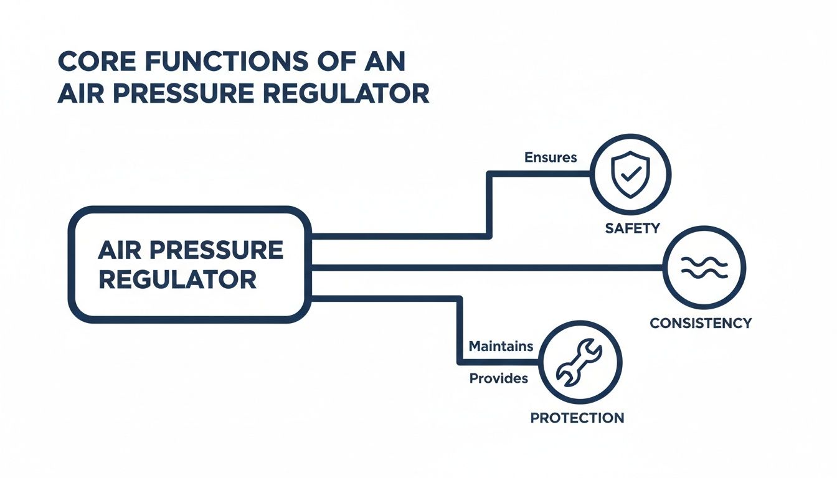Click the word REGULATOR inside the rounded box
point(177,279)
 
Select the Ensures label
point(551,157)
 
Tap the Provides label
point(498,378)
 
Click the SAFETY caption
point(631,228)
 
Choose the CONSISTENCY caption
point(701,323)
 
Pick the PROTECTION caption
point(577,418)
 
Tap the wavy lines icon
point(704,268)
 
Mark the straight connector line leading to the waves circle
point(486,268)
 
